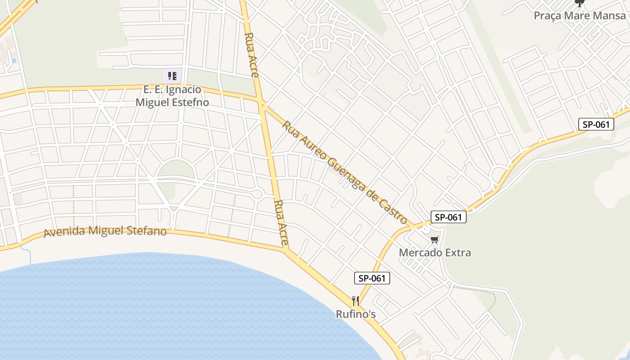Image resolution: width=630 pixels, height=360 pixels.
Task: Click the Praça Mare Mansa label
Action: tap(579, 16)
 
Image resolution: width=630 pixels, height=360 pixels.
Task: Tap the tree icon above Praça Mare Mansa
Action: tap(579, 4)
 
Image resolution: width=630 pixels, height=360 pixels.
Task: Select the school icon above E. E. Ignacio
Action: tap(172, 76)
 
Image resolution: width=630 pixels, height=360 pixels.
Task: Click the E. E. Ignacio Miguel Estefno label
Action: tap(172, 96)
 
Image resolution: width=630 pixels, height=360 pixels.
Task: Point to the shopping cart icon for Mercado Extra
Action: tap(434, 240)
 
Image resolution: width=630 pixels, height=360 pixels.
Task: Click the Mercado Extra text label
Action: tap(435, 252)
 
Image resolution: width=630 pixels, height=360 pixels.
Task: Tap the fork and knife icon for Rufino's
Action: tap(355, 301)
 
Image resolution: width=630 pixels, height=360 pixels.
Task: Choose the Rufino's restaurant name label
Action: tap(355, 314)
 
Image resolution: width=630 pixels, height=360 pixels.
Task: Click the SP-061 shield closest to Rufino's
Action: tap(372, 278)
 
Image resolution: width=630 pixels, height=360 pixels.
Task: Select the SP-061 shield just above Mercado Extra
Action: tap(449, 217)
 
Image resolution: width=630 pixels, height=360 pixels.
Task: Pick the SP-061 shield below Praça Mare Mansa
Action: tap(596, 125)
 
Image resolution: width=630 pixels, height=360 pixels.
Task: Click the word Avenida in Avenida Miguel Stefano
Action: tap(64, 233)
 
